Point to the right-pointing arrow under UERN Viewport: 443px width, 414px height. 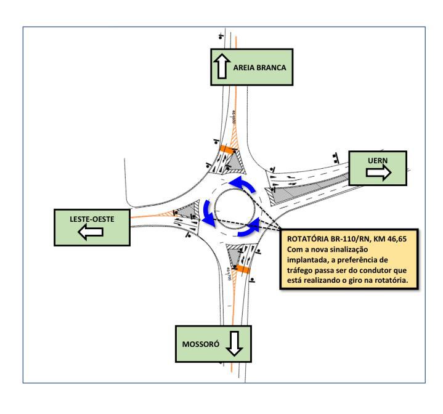point(378,173)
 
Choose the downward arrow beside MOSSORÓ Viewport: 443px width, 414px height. point(234,344)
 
